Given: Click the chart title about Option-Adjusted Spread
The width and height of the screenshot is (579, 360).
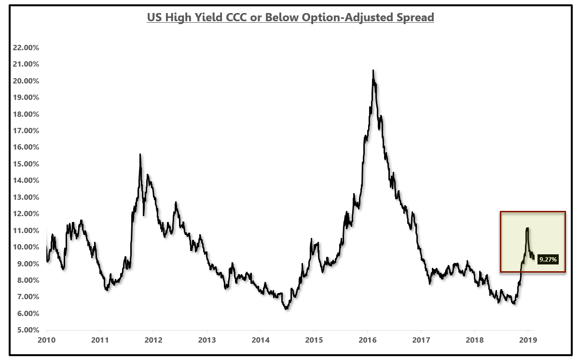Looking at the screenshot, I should pos(290,17).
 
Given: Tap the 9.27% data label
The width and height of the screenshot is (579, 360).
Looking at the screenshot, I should pos(548,260).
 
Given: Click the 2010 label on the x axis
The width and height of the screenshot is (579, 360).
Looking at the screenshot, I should pos(47,340).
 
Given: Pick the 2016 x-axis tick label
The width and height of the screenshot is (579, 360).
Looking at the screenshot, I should pos(367,340).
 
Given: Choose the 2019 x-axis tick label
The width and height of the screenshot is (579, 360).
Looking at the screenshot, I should pos(527,340).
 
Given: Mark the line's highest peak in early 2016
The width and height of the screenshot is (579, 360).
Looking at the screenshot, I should pos(373,70).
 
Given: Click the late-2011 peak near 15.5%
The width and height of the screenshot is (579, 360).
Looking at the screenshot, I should pos(140,154).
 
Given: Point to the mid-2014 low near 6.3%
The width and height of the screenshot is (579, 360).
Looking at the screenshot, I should pos(287,308).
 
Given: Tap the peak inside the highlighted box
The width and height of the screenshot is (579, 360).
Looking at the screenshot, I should pos(527,228).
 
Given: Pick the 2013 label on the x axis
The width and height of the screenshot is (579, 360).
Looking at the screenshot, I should pos(207,340).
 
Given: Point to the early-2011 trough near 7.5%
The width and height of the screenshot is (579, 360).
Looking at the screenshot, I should pos(107,290).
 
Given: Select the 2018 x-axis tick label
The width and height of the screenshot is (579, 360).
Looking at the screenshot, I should pos(474,340).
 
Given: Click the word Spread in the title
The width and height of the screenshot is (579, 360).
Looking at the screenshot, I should pos(415,17).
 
